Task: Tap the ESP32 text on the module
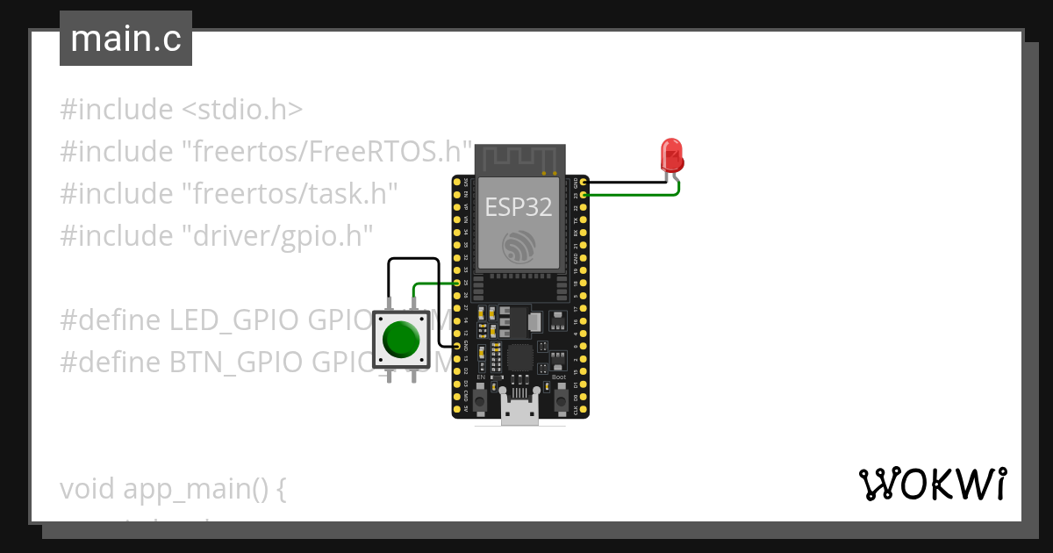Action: tap(519, 207)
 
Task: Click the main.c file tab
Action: tap(125, 39)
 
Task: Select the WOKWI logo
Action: tap(932, 484)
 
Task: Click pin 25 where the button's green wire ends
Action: tap(456, 284)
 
